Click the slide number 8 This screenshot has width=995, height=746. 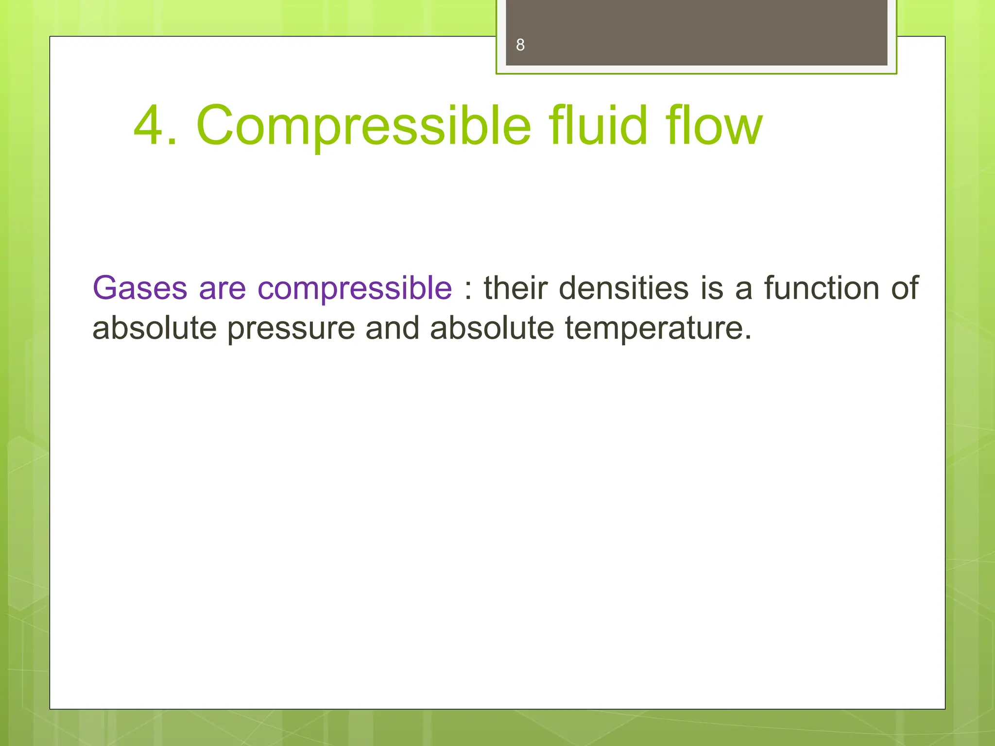coord(520,45)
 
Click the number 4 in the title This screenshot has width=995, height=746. coord(149,126)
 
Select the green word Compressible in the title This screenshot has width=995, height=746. coord(364,126)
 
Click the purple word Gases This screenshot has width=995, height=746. coord(140,288)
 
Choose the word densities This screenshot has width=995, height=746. coord(624,288)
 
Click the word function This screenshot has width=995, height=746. coord(822,288)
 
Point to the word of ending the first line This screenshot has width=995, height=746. coord(905,288)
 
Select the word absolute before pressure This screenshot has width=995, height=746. coord(154,328)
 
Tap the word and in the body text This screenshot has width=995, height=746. coord(392,328)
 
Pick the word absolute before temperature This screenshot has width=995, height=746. coord(492,328)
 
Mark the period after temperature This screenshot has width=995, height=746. coord(748,337)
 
